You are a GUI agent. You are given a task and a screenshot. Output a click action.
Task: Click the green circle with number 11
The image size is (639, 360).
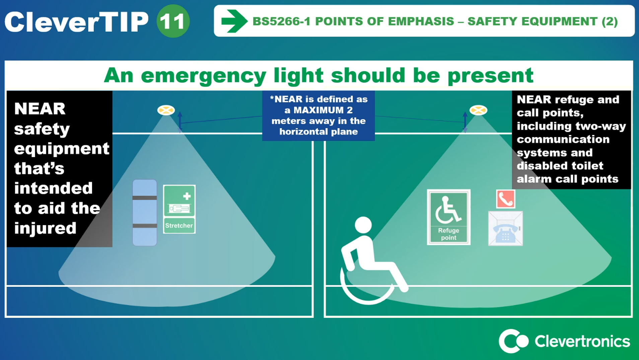click(173, 21)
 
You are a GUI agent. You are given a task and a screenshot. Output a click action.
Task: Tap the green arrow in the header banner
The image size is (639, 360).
click(234, 21)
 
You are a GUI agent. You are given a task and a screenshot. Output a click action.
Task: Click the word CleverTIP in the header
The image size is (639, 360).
click(76, 22)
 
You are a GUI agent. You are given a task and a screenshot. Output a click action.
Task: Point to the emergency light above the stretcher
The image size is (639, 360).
click(166, 110)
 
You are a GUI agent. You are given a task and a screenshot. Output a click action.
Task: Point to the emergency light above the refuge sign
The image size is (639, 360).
click(478, 110)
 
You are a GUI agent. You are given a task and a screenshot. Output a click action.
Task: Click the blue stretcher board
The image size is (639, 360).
click(145, 213)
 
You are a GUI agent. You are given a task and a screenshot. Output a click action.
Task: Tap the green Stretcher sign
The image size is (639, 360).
click(179, 209)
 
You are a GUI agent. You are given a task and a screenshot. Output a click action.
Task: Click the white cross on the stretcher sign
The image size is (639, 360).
click(187, 196)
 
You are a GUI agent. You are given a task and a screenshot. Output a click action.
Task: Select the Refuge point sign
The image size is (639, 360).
click(448, 217)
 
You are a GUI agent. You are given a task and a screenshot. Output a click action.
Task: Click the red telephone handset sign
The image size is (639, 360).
click(506, 199)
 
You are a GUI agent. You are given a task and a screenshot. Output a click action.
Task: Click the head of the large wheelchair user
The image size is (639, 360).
click(363, 225)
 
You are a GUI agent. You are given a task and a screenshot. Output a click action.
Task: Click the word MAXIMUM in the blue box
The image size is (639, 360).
click(323, 110)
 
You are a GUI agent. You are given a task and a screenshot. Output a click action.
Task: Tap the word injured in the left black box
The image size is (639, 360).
click(45, 228)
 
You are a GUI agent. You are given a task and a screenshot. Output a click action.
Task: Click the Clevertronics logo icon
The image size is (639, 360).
click(513, 341)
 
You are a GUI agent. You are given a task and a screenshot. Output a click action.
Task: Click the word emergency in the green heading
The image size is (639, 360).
click(204, 76)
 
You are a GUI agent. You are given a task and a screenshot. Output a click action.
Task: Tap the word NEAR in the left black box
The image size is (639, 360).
click(40, 109)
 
